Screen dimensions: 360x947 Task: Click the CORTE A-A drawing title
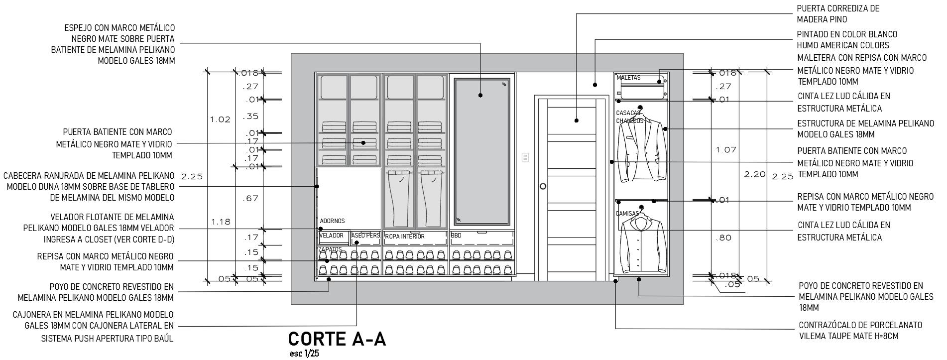[337, 339]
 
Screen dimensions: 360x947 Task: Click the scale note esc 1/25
[304, 354]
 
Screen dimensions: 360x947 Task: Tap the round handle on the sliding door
[543, 186]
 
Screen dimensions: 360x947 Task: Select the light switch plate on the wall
[525, 157]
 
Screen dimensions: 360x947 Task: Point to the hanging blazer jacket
[641, 149]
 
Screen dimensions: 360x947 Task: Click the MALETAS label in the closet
[628, 78]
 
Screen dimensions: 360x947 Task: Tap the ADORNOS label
[332, 221]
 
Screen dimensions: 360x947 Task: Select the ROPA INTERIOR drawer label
[405, 237]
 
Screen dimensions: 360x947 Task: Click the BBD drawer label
[456, 235]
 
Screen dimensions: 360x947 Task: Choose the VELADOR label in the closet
[331, 236]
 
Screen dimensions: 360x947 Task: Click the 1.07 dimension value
[725, 150]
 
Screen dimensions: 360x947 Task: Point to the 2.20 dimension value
[754, 174]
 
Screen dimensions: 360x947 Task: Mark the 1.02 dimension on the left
[220, 120]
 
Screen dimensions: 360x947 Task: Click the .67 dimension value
[250, 198]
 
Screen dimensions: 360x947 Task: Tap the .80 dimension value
[723, 238]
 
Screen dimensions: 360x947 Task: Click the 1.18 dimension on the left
[221, 222]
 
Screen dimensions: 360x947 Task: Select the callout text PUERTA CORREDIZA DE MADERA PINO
[837, 14]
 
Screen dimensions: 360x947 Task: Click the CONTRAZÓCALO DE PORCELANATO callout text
[860, 331]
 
